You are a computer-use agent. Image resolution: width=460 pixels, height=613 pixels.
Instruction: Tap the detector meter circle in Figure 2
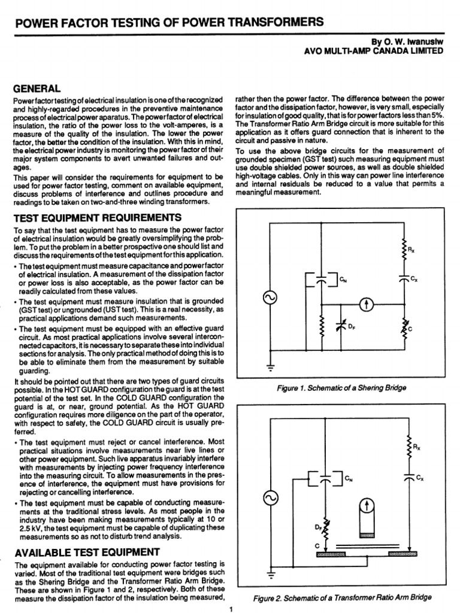(x=368, y=506)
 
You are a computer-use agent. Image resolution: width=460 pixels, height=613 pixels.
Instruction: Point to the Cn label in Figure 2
(x=349, y=478)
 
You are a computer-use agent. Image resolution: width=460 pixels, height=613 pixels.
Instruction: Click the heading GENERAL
(x=37, y=87)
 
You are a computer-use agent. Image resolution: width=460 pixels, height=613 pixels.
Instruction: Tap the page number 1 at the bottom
(x=229, y=609)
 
